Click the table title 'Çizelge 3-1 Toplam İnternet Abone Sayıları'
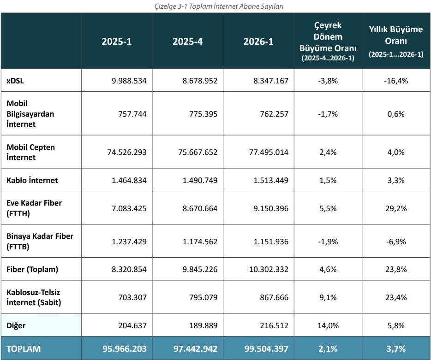(219, 6)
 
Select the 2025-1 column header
(117, 41)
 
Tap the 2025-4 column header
(187, 41)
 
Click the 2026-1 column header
(258, 41)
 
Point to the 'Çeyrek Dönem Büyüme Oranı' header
(328, 41)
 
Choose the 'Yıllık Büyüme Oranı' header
(396, 41)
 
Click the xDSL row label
(15, 81)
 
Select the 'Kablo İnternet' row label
(32, 180)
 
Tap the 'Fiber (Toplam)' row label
(32, 269)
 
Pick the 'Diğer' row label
(16, 326)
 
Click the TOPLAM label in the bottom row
(24, 349)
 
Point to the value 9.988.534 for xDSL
(129, 81)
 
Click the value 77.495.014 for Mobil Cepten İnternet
(269, 152)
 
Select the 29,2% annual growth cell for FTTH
(396, 208)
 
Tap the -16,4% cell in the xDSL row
(396, 81)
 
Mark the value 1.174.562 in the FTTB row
(200, 242)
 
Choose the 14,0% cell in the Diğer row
(328, 326)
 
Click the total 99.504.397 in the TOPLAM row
(266, 349)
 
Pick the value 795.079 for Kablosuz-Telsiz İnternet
(204, 297)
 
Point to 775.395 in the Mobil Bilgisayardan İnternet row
(204, 114)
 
